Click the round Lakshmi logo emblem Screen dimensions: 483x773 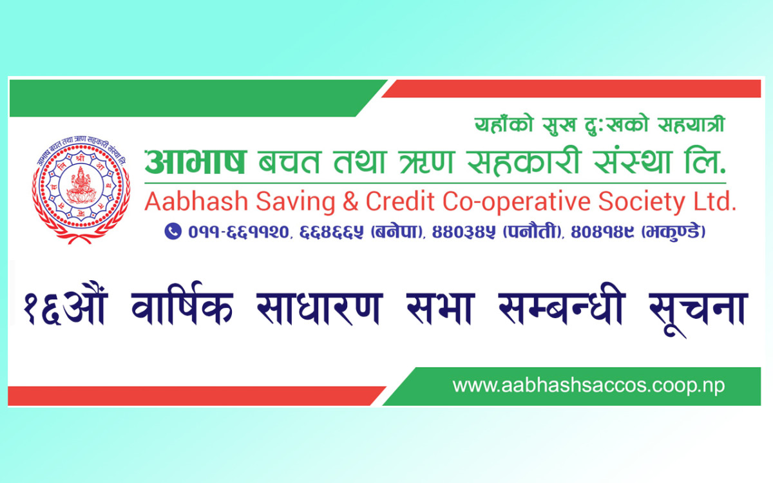pos(81,192)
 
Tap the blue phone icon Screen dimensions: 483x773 pos(173,231)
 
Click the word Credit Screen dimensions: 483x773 pos(401,202)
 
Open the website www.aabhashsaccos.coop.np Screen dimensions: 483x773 pos(588,386)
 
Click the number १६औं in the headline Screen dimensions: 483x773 pos(64,308)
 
